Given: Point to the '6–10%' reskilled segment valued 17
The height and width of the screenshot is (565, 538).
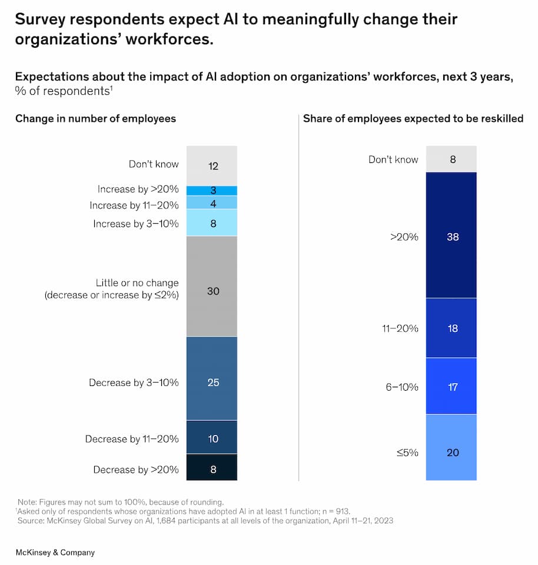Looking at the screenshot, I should (x=452, y=386).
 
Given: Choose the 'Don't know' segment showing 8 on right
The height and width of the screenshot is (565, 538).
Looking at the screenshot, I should (x=452, y=159).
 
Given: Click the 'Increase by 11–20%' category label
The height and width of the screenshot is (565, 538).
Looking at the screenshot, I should (x=134, y=205).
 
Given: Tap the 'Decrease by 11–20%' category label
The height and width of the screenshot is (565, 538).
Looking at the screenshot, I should (x=131, y=439).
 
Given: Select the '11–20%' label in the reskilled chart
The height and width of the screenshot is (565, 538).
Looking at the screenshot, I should (x=400, y=328).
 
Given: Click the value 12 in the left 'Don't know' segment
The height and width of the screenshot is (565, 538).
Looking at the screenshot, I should (x=213, y=166).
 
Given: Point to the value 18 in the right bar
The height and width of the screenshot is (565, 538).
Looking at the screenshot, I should (x=453, y=328).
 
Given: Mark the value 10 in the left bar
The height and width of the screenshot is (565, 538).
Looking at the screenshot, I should (x=213, y=439).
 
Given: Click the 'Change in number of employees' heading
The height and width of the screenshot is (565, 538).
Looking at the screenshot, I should (x=95, y=118).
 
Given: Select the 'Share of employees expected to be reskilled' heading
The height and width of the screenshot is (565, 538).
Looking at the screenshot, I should (x=413, y=118).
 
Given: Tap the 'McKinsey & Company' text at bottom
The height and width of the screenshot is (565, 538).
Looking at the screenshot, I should (x=55, y=553).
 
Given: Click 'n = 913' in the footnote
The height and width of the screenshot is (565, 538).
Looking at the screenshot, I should (x=333, y=511).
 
